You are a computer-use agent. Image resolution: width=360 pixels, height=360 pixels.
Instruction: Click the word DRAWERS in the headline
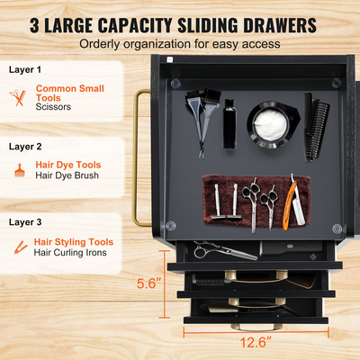[x=280, y=25]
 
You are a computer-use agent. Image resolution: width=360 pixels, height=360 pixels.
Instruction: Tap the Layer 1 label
[x=25, y=69]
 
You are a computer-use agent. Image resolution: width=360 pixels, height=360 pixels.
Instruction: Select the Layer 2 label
[x=25, y=147]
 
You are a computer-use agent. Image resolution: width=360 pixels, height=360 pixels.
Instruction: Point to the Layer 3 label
[x=25, y=222]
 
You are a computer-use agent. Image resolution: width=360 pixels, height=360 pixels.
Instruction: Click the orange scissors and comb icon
[x=18, y=97]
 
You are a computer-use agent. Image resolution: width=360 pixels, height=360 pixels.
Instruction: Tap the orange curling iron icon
[x=21, y=247]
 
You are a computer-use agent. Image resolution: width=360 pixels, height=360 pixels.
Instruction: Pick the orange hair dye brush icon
[x=20, y=170]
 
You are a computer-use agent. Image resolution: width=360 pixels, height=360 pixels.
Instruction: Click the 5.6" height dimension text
[x=148, y=283]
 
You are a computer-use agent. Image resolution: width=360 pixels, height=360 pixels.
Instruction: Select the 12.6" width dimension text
[x=256, y=342]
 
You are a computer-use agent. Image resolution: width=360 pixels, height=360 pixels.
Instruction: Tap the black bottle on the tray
[x=229, y=123]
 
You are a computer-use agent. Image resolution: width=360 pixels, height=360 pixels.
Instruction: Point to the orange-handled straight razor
[x=292, y=202]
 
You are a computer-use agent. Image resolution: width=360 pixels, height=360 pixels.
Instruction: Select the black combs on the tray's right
[x=316, y=128]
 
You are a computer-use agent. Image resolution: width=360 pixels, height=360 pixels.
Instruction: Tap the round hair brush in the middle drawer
[x=209, y=279]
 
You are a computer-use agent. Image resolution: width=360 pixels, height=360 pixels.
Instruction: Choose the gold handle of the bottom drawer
[x=256, y=327]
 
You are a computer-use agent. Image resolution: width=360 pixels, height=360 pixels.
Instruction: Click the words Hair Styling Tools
[x=74, y=242]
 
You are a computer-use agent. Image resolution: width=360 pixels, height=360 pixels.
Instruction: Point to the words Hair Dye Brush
[x=67, y=175]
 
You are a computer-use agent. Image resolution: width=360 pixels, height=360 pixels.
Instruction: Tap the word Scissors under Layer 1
[x=53, y=107]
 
